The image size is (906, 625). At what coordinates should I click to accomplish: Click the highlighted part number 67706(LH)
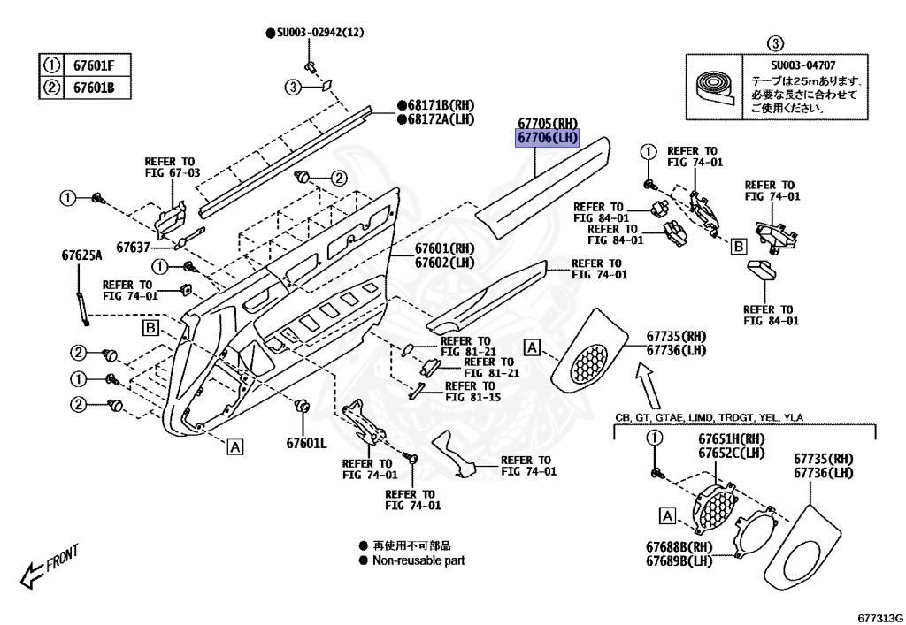click(x=547, y=138)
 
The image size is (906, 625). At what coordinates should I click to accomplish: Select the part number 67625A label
click(x=81, y=255)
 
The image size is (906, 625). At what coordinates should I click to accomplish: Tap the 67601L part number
click(x=306, y=442)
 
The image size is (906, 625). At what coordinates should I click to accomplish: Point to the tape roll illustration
click(x=716, y=89)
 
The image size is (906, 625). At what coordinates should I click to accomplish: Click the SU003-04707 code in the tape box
click(x=799, y=65)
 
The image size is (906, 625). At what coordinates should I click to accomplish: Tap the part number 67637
click(x=133, y=245)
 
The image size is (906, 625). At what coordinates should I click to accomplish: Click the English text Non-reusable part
click(x=418, y=560)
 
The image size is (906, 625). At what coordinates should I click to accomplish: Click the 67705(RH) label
click(x=548, y=124)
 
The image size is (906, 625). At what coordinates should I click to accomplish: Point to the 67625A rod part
click(x=81, y=301)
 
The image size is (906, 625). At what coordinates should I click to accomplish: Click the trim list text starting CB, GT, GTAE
click(x=710, y=416)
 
